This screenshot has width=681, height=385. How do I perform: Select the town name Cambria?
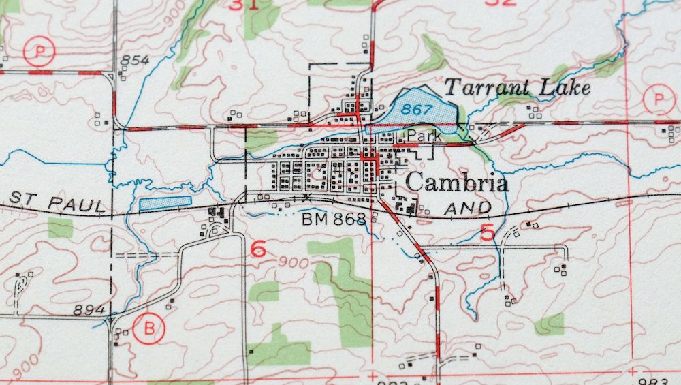457,183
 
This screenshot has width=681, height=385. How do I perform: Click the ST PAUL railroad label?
59,204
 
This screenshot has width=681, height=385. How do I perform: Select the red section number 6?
258,249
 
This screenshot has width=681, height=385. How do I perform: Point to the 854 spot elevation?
134,61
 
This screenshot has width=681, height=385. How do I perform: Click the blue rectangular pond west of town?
165,202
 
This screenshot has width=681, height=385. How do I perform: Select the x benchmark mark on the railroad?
307,197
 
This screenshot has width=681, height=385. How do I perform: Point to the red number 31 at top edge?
244,5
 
